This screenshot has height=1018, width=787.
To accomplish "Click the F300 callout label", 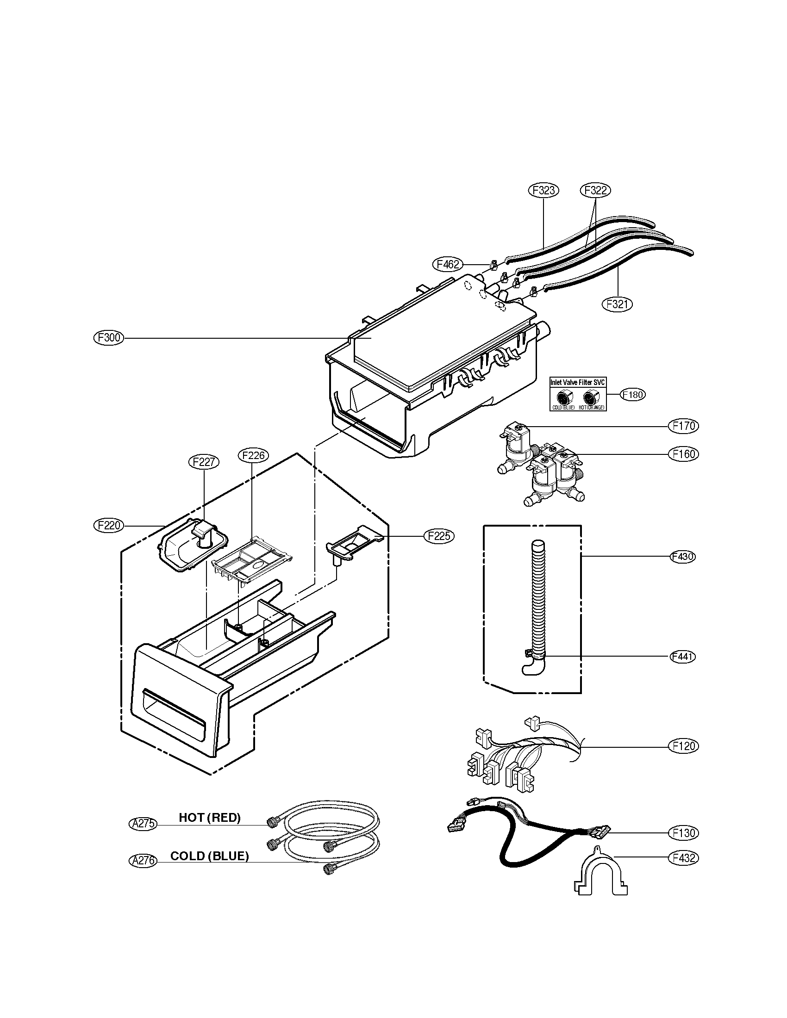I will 109,337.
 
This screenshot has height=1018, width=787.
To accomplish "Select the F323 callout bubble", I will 543,190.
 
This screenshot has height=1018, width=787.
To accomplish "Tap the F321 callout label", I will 617,304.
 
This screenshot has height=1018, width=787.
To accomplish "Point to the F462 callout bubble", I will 448,265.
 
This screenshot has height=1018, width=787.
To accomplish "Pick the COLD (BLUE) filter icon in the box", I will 564,397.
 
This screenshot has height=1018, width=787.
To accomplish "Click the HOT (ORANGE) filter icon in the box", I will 591,397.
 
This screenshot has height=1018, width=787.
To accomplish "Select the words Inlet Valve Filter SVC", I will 578,382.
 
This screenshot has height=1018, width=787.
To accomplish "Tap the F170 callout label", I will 683,426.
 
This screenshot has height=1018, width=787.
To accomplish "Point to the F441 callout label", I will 682,657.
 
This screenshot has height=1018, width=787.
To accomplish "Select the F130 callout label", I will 683,832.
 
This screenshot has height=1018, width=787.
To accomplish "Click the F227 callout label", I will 204,462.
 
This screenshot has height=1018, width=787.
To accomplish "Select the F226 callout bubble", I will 253,455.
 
